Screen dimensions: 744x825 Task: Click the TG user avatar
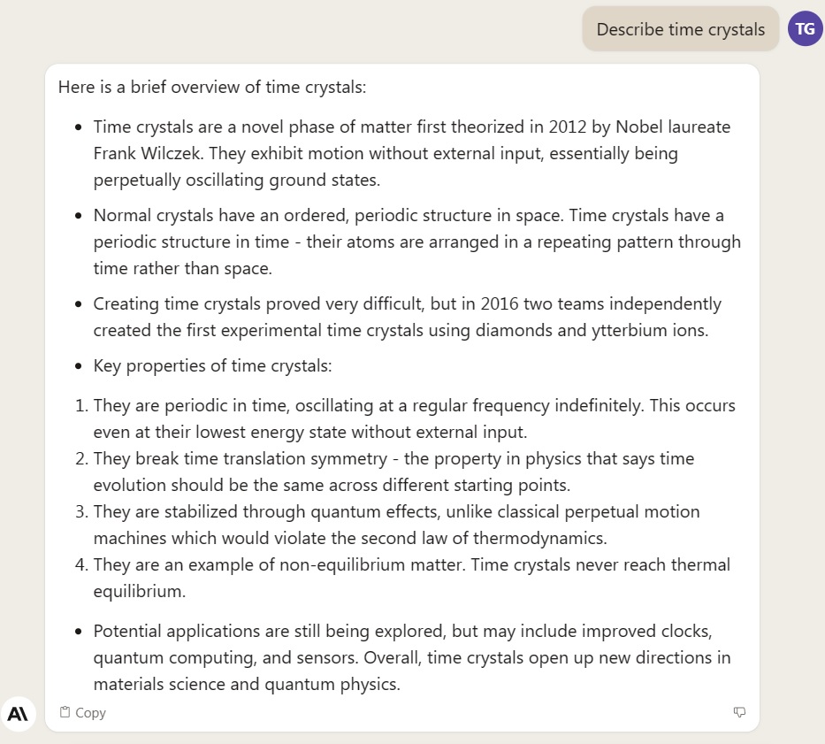tap(805, 28)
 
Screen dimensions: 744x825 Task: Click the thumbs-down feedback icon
tap(740, 712)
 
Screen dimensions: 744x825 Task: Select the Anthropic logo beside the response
tap(18, 713)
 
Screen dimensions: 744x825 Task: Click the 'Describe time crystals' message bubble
tap(680, 29)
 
